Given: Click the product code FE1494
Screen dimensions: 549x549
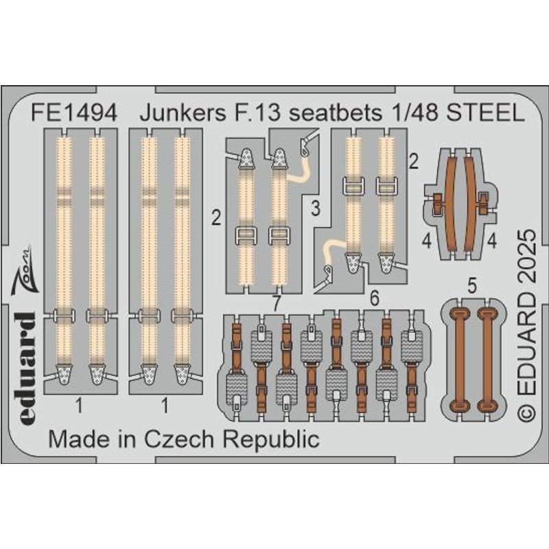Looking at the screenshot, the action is tap(74, 113).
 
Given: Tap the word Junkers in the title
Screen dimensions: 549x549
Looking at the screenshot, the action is tap(183, 113).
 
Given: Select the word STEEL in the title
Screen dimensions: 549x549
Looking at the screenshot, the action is tap(486, 113).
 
